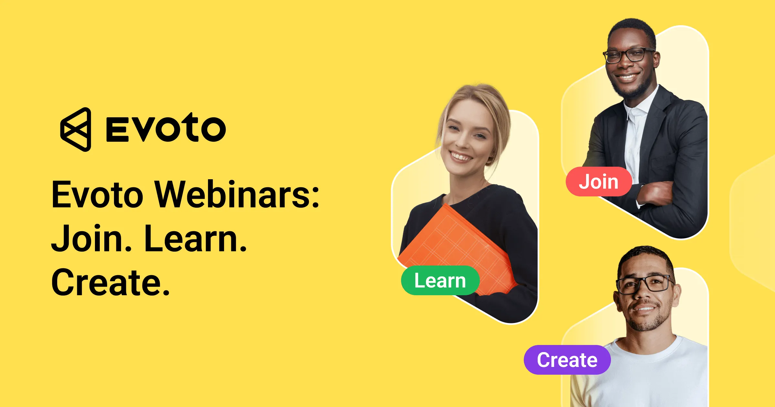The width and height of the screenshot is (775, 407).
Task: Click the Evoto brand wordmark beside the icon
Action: pyautogui.click(x=166, y=129)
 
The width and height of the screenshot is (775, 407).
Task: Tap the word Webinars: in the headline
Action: pyautogui.click(x=237, y=194)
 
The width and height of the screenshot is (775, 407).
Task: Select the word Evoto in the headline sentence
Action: pyautogui.click(x=97, y=195)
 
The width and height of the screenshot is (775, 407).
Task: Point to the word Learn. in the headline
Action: pyautogui.click(x=195, y=239)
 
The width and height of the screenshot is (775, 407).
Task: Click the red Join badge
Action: pyautogui.click(x=598, y=182)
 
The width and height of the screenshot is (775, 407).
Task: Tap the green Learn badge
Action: pyautogui.click(x=440, y=280)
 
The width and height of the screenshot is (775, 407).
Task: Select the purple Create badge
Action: pyautogui.click(x=567, y=360)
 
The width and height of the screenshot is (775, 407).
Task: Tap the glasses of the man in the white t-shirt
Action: pyautogui.click(x=644, y=284)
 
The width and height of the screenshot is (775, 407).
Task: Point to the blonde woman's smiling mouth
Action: pyautogui.click(x=461, y=157)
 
